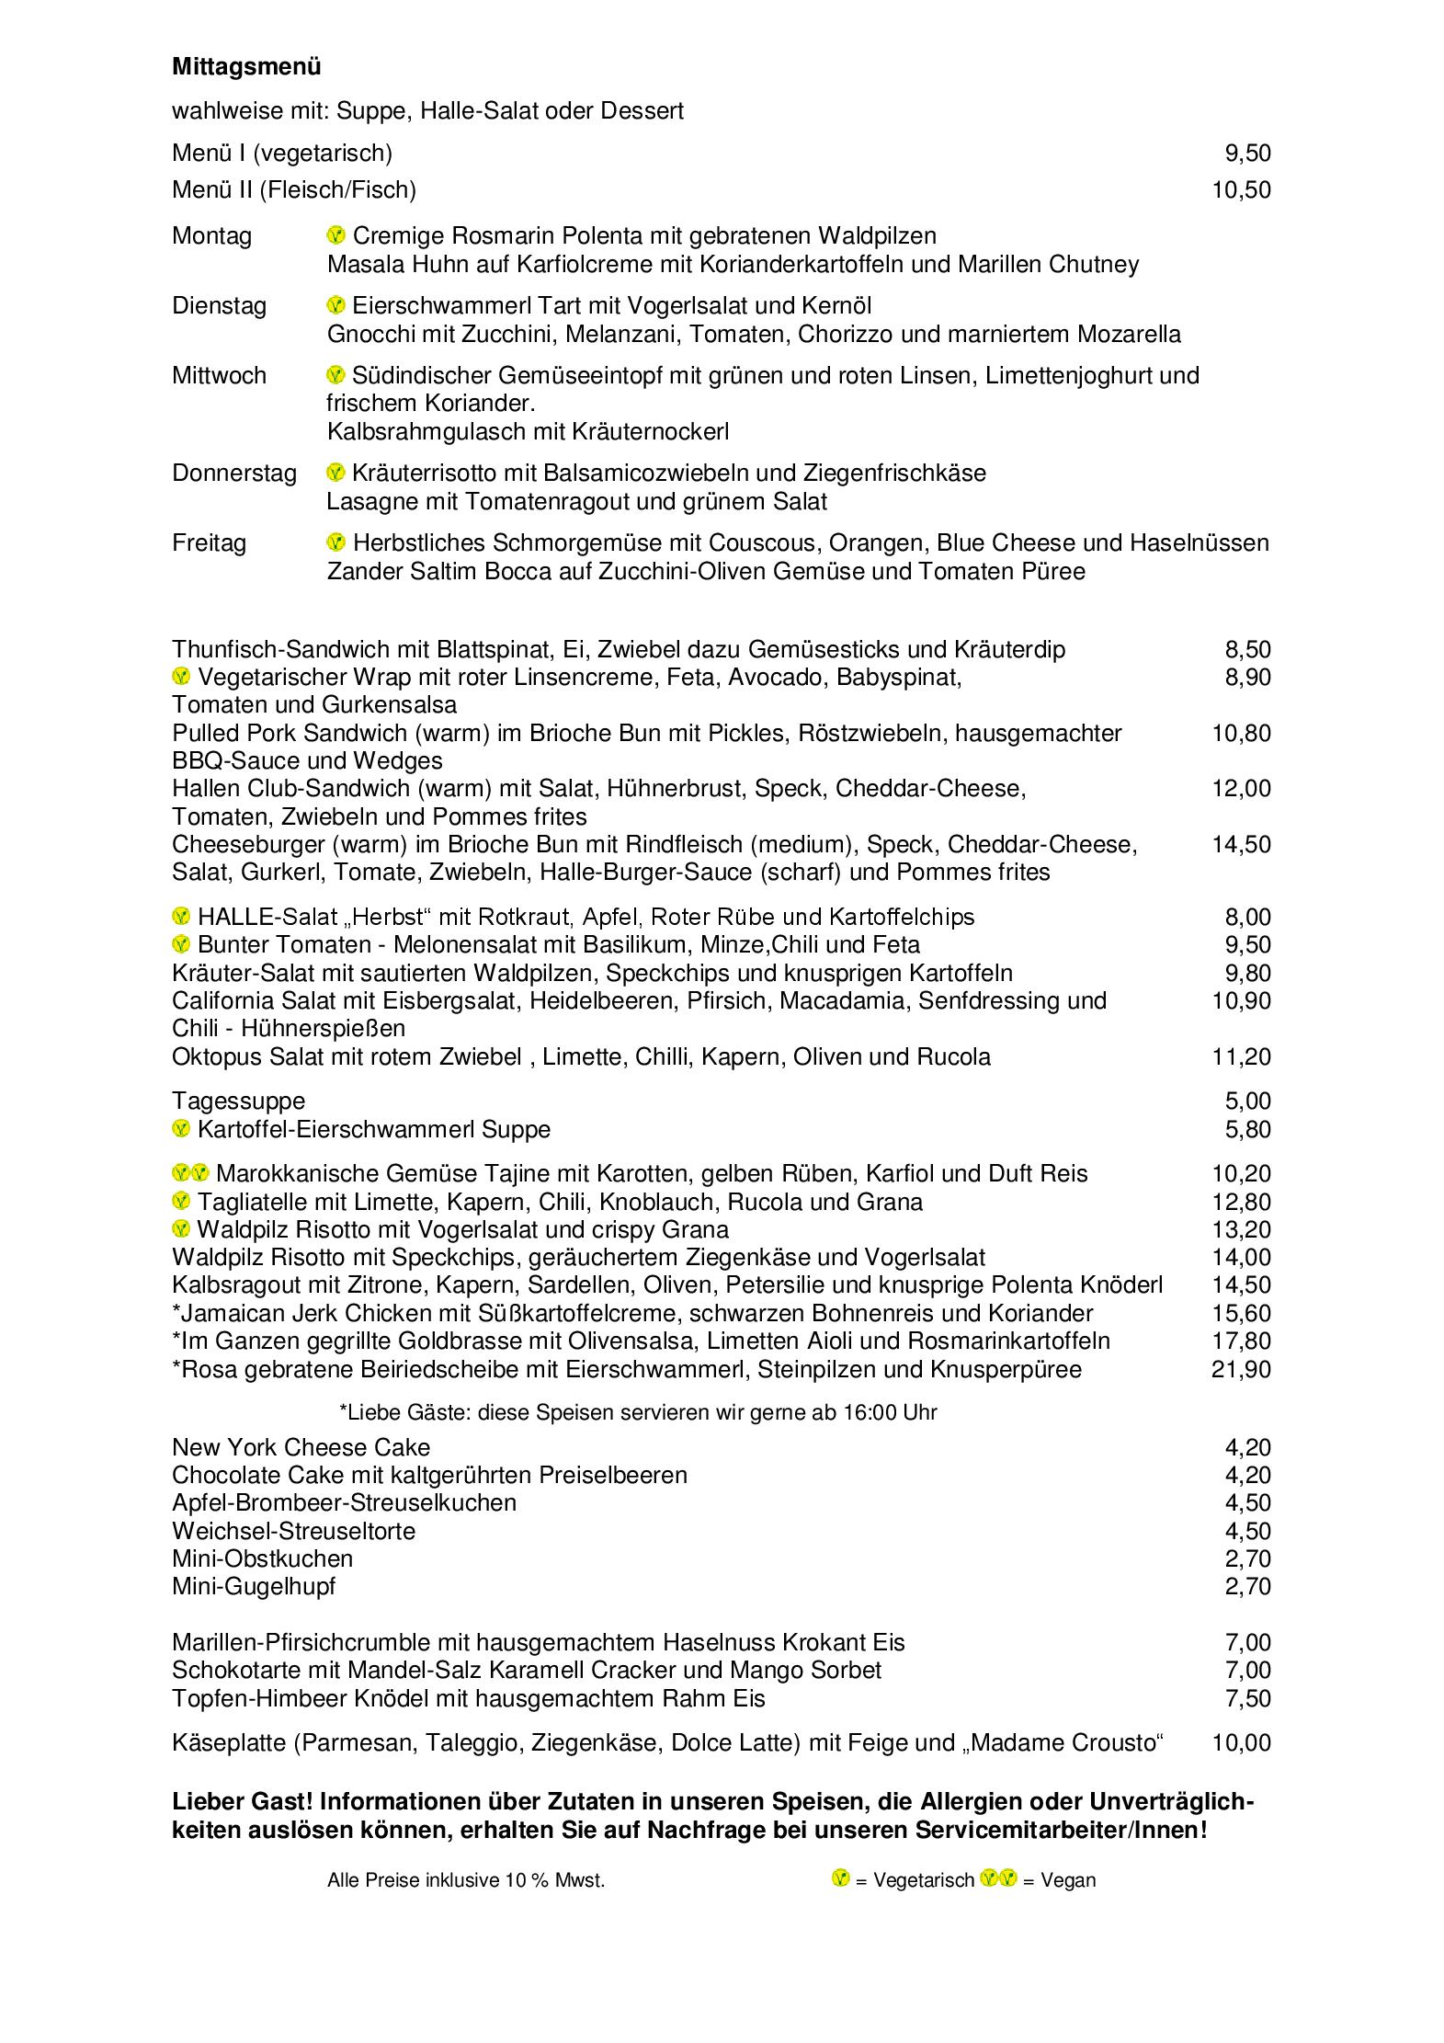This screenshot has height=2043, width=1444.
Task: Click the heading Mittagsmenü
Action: click(x=246, y=67)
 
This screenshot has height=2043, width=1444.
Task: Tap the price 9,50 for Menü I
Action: click(x=1247, y=154)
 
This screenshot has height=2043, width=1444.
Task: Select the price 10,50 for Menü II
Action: click(x=1241, y=190)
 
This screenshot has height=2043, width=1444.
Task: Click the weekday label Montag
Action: click(x=211, y=236)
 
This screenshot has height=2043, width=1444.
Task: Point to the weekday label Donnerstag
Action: click(x=234, y=474)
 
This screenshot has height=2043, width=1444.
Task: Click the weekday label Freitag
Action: click(x=209, y=543)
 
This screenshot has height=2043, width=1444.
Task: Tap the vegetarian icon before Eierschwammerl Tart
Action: click(x=336, y=305)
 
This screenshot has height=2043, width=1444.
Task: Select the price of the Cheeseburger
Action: click(x=1241, y=844)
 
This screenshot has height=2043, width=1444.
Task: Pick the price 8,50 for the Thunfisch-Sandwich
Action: click(x=1247, y=650)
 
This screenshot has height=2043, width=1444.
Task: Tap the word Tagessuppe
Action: click(x=238, y=1101)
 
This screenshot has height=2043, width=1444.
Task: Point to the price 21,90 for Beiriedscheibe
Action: click(x=1241, y=1369)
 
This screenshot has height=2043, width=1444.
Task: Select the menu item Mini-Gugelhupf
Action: click(x=254, y=1587)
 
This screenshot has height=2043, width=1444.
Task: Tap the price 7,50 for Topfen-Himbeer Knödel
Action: click(x=1247, y=1698)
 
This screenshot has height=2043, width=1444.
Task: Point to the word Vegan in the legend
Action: click(x=1068, y=1880)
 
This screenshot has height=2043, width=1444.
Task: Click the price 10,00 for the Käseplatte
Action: click(x=1241, y=1743)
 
